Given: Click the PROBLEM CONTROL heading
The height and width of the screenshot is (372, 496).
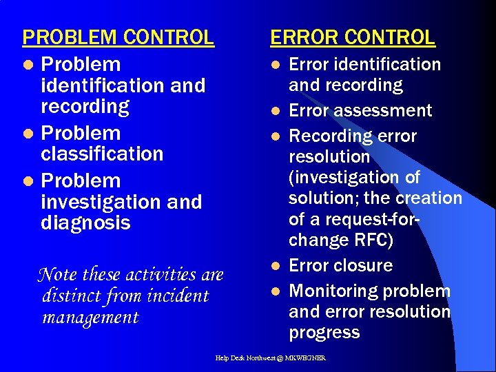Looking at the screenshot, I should [x=118, y=37].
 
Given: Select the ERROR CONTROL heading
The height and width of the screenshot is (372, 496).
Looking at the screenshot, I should [x=353, y=37].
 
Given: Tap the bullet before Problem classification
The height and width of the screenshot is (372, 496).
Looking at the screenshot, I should [x=27, y=134].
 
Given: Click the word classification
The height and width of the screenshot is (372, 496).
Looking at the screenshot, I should [x=102, y=154].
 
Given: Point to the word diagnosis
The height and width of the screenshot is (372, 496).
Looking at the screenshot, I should [x=85, y=223].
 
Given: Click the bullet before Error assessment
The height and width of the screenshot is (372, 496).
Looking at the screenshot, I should [x=275, y=111].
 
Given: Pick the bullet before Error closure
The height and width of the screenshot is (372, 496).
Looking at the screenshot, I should [x=275, y=266].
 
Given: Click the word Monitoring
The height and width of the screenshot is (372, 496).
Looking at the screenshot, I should [x=332, y=291].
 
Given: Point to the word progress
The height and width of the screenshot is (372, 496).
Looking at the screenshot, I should [x=324, y=333].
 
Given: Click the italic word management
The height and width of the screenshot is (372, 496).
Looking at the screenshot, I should [x=90, y=318].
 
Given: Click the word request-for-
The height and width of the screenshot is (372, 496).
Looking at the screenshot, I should [x=364, y=219].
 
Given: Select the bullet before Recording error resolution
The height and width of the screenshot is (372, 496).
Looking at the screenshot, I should [x=275, y=136].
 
